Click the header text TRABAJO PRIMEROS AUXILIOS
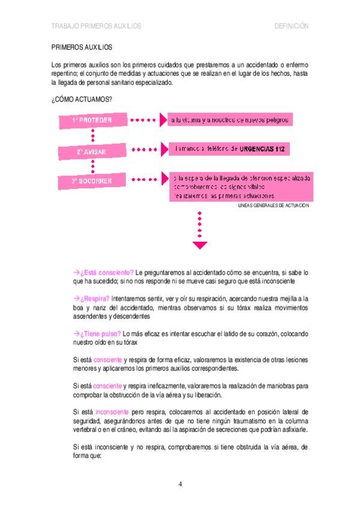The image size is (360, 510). (96, 26)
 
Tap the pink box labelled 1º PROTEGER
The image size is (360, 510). (92, 120)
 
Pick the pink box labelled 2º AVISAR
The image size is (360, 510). (92, 152)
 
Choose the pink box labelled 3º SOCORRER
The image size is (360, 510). (92, 180)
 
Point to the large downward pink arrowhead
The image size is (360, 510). (200, 244)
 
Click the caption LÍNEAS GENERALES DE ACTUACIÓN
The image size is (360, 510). (273, 205)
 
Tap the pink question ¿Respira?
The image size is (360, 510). (94, 298)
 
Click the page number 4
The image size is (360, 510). (180, 484)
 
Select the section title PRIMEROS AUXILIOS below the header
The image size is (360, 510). (82, 46)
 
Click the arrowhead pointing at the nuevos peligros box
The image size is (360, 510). (162, 120)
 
